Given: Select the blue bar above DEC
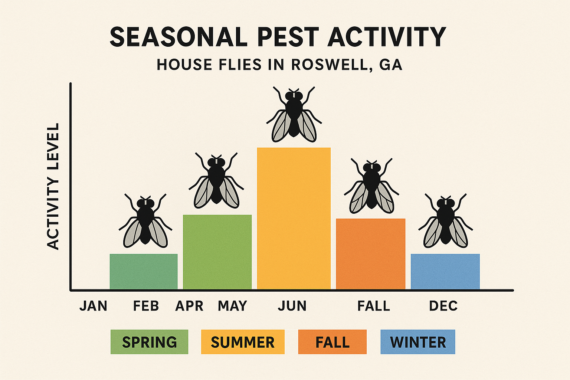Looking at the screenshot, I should pos(445,271).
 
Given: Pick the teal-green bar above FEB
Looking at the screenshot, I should pos(143,271).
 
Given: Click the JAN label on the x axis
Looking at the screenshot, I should pos(93,306).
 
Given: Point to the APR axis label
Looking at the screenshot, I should pos(189,306).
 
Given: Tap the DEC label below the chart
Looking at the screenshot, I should pos(443,306).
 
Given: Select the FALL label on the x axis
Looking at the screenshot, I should pos(374,306).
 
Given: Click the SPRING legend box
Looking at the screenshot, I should pos(149,342).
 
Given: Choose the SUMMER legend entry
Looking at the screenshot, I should pos(243,342).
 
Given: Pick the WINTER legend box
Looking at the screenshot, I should pos(418,342).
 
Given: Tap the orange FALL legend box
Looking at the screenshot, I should pos(332,342).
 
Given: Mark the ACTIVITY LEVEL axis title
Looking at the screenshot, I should pos(53,186).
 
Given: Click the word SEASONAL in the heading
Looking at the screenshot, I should pos(178,37).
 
